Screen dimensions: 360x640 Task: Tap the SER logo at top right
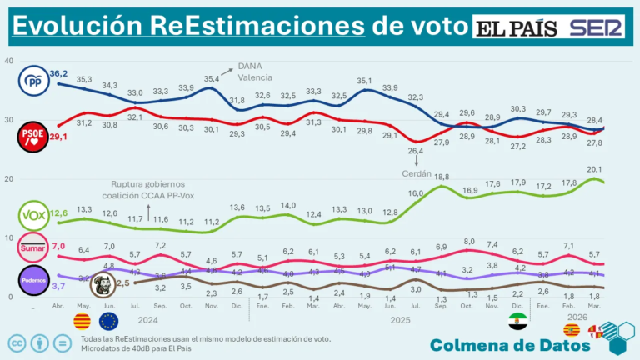point(597,28)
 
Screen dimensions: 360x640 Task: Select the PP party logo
point(32,82)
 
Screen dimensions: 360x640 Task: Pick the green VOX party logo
point(32,216)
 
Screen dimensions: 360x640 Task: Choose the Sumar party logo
point(32,247)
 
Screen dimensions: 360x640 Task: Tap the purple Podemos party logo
point(32,281)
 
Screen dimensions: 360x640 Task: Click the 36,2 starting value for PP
point(58,73)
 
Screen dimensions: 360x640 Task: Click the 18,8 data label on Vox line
point(442,177)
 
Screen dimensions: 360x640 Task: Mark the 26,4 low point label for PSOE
point(417,151)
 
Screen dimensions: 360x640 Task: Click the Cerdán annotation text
point(417,173)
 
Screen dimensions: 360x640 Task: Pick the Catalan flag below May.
point(82,321)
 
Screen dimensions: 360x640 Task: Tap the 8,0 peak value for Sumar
point(468,242)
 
